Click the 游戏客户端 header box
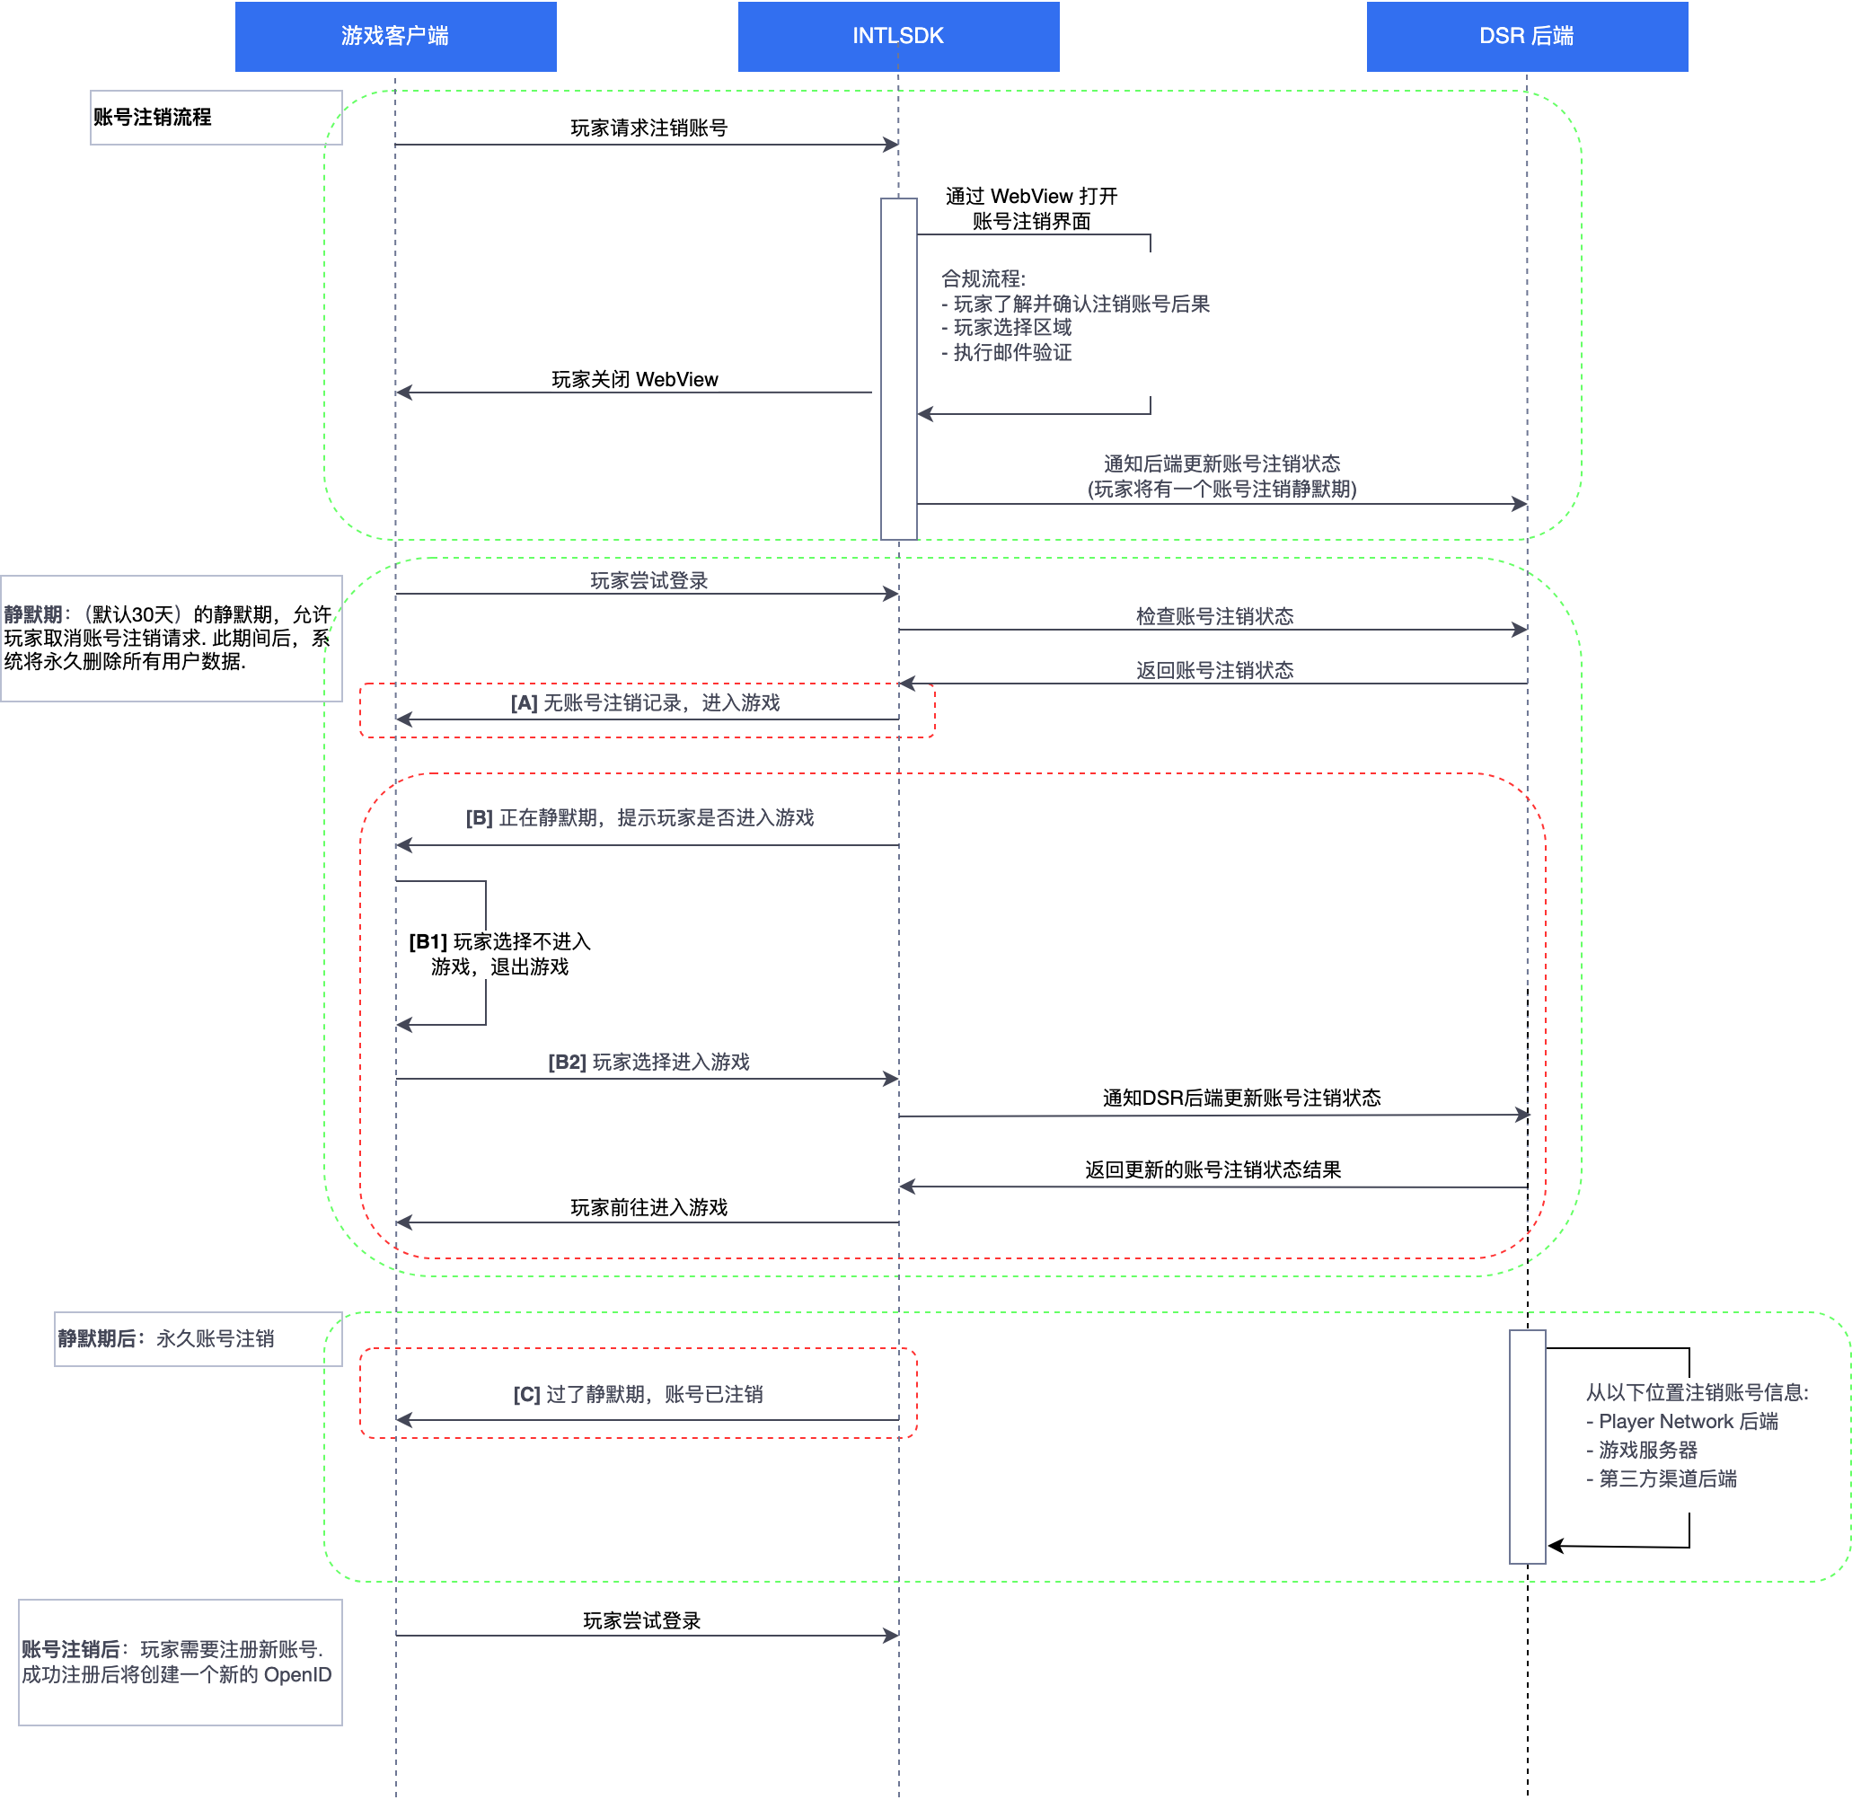tap(395, 36)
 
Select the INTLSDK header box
tap(898, 36)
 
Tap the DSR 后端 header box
tap(1527, 36)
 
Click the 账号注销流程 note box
tap(216, 118)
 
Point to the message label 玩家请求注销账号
tap(648, 128)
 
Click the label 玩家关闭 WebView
tap(634, 379)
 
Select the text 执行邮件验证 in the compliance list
tap(1011, 353)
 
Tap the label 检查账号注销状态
tap(1214, 616)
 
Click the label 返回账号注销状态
tap(1214, 670)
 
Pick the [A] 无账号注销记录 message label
tap(645, 702)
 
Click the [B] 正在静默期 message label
tap(639, 817)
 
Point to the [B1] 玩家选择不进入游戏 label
tap(499, 954)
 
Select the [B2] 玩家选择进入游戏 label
tap(648, 1062)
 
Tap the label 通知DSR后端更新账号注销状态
tap(1241, 1098)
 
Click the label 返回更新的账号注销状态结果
tap(1213, 1169)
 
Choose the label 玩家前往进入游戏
tap(648, 1207)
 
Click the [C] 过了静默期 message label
tap(638, 1394)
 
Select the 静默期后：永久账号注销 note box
tap(198, 1338)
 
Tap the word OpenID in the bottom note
tap(297, 1674)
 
